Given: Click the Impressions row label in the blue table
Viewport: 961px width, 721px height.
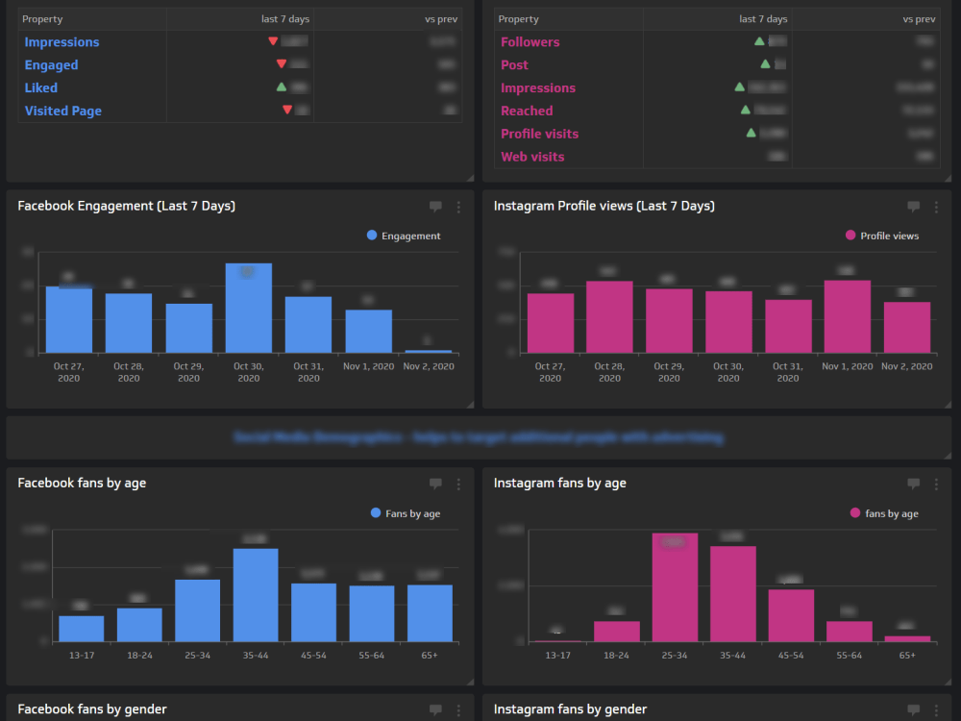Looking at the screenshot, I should pyautogui.click(x=62, y=42).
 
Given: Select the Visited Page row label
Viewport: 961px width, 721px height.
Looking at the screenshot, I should pyautogui.click(x=62, y=111).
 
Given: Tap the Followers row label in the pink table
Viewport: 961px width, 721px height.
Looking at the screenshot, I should pyautogui.click(x=530, y=42).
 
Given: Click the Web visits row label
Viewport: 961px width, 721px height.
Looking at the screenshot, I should pyautogui.click(x=532, y=157).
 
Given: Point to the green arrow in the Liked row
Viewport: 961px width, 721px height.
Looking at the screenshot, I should pyautogui.click(x=282, y=87).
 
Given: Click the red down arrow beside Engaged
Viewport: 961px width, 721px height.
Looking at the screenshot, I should pyautogui.click(x=281, y=63).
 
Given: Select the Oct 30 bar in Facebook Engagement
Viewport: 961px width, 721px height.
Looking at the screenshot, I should pyautogui.click(x=249, y=308).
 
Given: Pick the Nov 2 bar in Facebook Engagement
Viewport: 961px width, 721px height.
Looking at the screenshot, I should pyautogui.click(x=429, y=351).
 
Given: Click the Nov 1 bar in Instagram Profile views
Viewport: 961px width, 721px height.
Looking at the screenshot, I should pyautogui.click(x=847, y=316).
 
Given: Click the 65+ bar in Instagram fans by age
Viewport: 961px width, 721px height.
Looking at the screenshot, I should pyautogui.click(x=907, y=638).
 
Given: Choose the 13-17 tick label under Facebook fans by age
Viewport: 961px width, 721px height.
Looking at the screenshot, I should pyautogui.click(x=81, y=655).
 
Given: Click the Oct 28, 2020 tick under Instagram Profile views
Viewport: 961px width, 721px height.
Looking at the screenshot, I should pyautogui.click(x=609, y=372).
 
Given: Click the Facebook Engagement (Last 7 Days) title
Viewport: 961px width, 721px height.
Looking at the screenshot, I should pyautogui.click(x=126, y=206).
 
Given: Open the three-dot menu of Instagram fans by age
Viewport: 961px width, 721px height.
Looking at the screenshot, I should pyautogui.click(x=935, y=485).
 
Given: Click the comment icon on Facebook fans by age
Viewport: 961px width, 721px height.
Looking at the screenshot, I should pyautogui.click(x=435, y=485).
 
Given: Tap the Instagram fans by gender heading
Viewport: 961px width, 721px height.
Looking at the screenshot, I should pyautogui.click(x=570, y=709).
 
